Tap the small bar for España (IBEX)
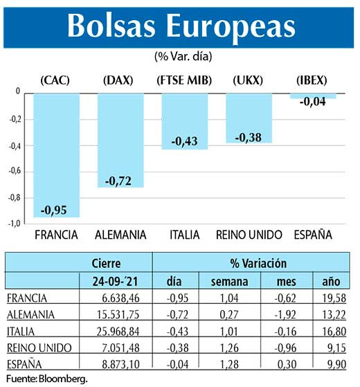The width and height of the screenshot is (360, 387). (x=313, y=96)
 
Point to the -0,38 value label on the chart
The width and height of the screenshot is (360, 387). (x=249, y=137)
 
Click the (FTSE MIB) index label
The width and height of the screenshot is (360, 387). (x=184, y=80)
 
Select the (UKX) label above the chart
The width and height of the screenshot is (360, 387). (x=249, y=80)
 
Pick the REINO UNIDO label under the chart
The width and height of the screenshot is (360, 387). (x=249, y=235)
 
